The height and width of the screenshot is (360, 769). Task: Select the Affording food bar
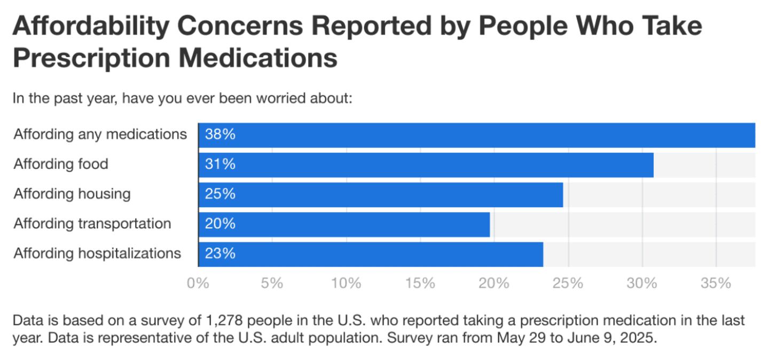[x=426, y=165]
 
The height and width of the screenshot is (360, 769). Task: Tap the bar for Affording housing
[x=380, y=194]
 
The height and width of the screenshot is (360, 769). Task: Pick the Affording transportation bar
[x=344, y=224]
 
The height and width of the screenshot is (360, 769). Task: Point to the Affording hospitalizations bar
[x=371, y=254]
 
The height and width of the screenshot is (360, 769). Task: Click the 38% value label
[x=220, y=135]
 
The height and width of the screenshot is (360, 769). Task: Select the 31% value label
[x=220, y=165]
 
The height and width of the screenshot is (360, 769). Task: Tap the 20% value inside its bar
[x=220, y=224]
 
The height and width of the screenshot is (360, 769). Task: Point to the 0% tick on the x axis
[x=198, y=283]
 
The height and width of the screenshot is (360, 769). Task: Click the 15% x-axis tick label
[x=420, y=283]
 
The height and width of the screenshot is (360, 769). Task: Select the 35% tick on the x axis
[x=716, y=283]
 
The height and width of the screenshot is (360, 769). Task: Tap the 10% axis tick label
[x=346, y=283]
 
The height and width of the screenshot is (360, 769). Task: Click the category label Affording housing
[x=72, y=193]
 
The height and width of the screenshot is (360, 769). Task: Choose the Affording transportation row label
[x=92, y=223]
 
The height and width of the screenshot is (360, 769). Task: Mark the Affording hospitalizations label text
[x=97, y=253]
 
